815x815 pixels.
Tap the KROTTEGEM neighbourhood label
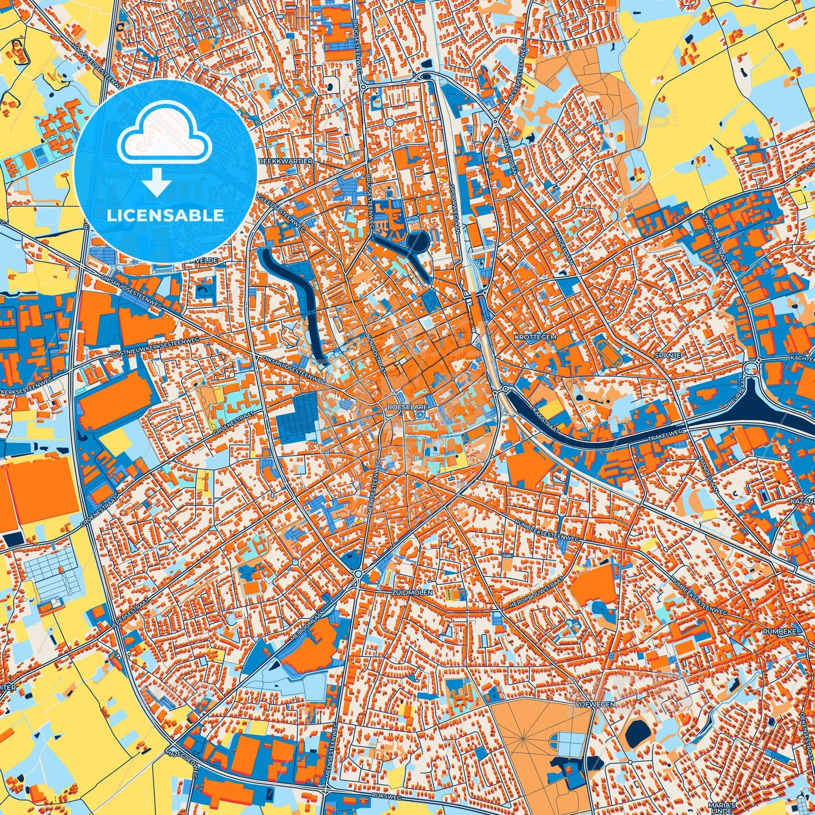tap(535, 337)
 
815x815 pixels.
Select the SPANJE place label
tap(668, 356)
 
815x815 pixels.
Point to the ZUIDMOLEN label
tap(412, 593)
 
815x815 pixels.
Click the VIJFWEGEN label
tap(594, 704)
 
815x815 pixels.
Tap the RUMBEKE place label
tap(779, 632)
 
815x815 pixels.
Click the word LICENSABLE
tap(165, 215)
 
